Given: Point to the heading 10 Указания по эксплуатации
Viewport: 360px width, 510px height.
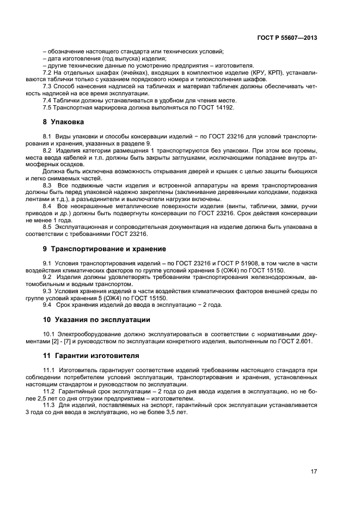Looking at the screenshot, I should (96, 319).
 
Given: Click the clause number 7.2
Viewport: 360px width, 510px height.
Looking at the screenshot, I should (47, 72).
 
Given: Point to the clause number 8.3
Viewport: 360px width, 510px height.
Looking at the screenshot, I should (47, 185).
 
